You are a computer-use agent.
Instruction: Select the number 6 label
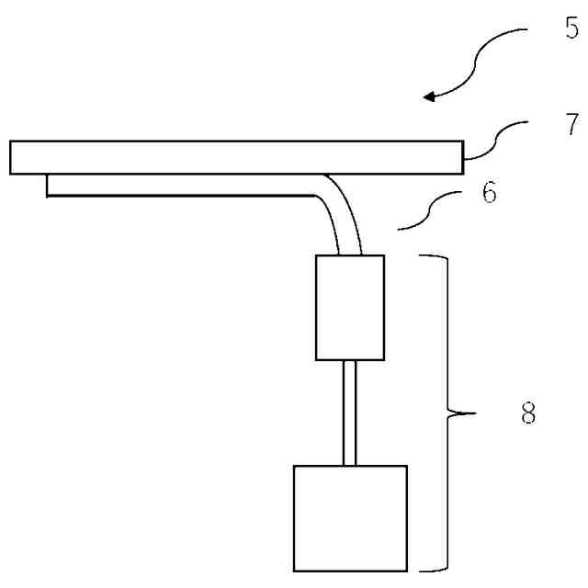[489, 195]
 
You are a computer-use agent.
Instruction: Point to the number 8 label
[527, 414]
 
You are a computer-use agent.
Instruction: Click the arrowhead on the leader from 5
[428, 96]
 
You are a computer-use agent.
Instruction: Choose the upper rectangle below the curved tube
[349, 307]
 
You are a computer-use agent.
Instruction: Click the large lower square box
[349, 518]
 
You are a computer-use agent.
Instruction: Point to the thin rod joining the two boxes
[349, 413]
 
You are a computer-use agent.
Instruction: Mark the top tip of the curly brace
[424, 258]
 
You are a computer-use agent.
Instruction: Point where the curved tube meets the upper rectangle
[350, 254]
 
